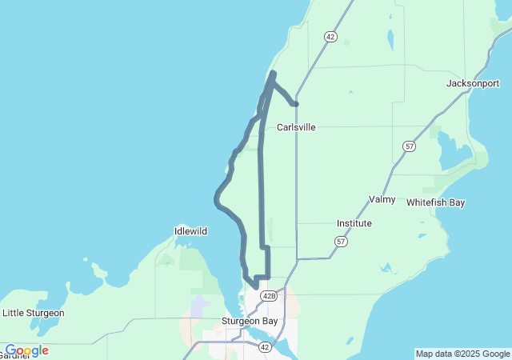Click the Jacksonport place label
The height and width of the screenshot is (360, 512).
pyautogui.click(x=473, y=83)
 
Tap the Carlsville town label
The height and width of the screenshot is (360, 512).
pyautogui.click(x=296, y=127)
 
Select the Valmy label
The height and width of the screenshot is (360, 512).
pyautogui.click(x=382, y=199)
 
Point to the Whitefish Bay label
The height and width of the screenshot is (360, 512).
pyautogui.click(x=435, y=202)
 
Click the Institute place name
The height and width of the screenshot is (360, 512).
pyautogui.click(x=354, y=223)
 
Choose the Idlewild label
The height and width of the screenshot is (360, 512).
pyautogui.click(x=190, y=231)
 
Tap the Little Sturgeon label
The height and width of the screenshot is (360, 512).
pyautogui.click(x=33, y=313)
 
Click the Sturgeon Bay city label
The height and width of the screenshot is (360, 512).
pyautogui.click(x=250, y=321)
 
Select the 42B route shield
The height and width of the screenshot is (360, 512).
pyautogui.click(x=268, y=296)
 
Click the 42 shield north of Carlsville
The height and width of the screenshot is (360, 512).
pyautogui.click(x=330, y=37)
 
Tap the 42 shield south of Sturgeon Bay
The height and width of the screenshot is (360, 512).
pyautogui.click(x=265, y=346)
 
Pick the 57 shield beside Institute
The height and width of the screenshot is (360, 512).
pyautogui.click(x=342, y=241)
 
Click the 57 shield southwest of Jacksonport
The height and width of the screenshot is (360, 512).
pyautogui.click(x=410, y=146)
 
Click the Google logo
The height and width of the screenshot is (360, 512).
pyautogui.click(x=26, y=350)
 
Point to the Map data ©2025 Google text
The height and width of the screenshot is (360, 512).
pyautogui.click(x=462, y=354)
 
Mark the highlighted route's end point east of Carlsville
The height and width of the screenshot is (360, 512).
pyautogui.click(x=296, y=103)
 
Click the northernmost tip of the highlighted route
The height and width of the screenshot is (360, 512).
pyautogui.click(x=273, y=74)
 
